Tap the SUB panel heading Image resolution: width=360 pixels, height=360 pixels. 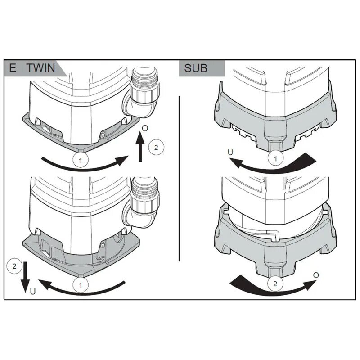[x=196, y=68]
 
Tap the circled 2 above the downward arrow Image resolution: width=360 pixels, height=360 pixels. [x=15, y=266]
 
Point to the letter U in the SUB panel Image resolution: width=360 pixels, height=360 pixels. [x=230, y=153]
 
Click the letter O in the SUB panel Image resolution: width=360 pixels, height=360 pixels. [x=316, y=274]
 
